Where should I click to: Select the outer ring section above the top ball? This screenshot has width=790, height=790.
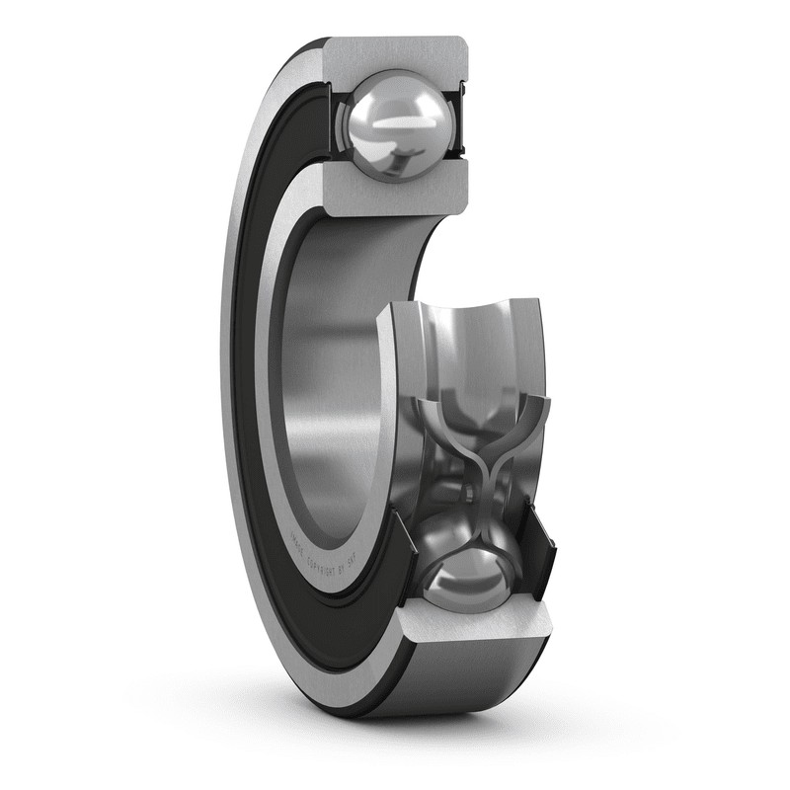click(395, 53)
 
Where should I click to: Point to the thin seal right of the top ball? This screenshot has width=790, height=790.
click(457, 123)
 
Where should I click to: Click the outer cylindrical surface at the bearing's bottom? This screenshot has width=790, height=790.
click(464, 681)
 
